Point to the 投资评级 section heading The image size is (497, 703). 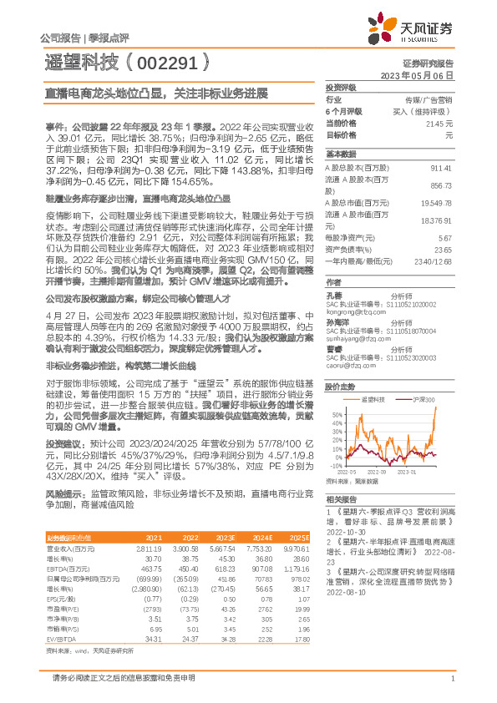[342, 87]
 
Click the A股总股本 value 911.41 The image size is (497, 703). [439, 167]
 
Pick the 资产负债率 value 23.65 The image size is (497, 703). [443, 249]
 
